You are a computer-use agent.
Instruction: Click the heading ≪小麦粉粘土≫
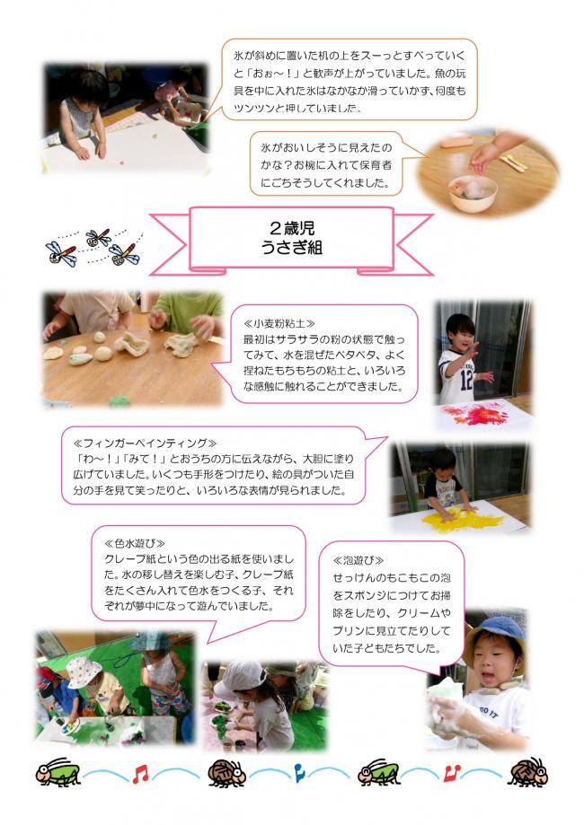279,323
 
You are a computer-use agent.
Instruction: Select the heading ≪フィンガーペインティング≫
145,443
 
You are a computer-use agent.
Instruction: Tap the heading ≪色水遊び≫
135,543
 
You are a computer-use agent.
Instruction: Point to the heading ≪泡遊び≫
358,561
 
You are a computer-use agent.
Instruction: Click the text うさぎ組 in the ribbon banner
292,247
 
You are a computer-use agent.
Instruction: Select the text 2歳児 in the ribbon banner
292,228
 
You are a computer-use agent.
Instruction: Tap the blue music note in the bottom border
298,772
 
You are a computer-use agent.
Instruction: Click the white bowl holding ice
472,193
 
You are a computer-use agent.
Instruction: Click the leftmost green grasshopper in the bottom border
58,772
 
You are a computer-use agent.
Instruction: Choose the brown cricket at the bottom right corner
527,772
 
